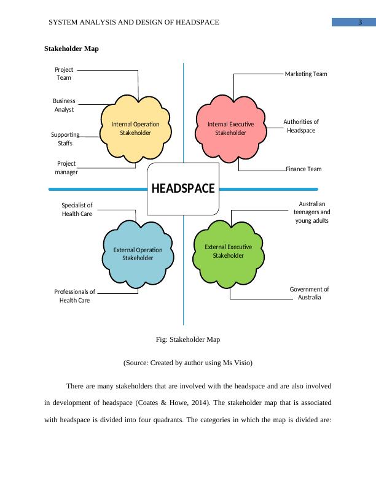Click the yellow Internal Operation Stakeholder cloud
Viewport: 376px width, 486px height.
coord(135,128)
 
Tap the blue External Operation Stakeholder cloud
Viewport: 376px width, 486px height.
coord(138,254)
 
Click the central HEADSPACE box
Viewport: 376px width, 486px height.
coord(183,188)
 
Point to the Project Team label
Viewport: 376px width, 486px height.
coord(64,74)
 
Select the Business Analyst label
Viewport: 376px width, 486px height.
coord(64,105)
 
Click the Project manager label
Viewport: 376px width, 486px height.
coord(66,168)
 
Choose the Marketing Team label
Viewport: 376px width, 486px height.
coord(306,74)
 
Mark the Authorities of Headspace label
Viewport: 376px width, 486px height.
coord(301,126)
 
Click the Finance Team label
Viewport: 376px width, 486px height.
coord(304,169)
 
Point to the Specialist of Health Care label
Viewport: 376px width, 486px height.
coord(77,209)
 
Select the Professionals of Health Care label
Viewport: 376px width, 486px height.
coord(75,296)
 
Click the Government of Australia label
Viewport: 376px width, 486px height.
coord(309,293)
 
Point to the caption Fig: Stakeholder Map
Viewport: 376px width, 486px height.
coord(188,339)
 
